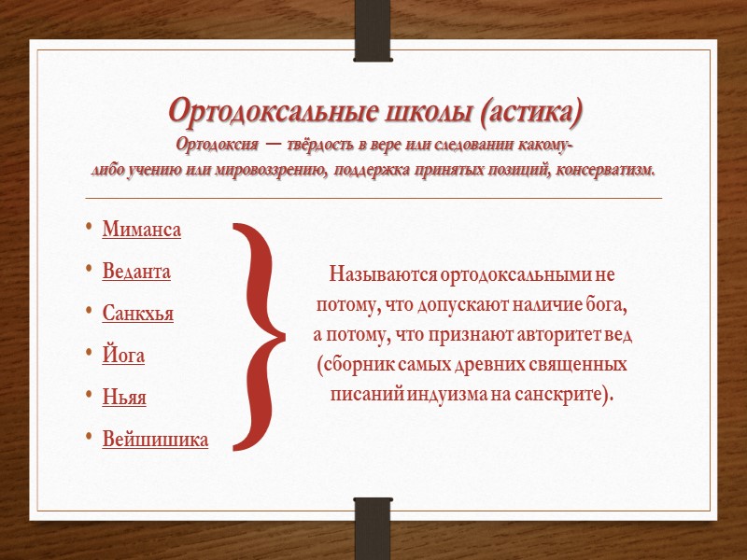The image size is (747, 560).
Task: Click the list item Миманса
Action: (141, 230)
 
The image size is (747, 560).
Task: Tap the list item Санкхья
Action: (137, 314)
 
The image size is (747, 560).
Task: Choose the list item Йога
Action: (123, 356)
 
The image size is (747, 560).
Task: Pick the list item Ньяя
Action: (124, 398)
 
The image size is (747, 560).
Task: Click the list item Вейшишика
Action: (155, 440)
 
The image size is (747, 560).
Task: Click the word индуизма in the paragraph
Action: (446, 393)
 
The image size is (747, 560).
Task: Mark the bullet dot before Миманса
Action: (88, 230)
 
